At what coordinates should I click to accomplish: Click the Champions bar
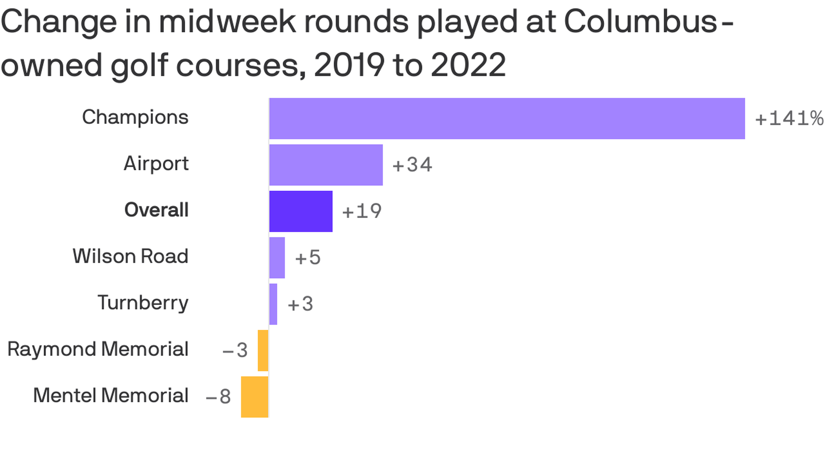507,119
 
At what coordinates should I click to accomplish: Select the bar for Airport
326,165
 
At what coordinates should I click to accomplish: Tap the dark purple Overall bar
301,211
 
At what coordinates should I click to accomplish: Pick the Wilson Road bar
277,258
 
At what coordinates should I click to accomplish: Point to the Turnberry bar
273,304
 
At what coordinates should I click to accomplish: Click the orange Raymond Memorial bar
263,351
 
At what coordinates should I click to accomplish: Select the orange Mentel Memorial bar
254,397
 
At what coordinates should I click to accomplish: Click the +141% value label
789,119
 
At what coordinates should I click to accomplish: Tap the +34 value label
412,165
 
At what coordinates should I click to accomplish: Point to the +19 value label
362,211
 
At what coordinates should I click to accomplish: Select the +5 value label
308,258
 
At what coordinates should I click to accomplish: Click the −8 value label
218,397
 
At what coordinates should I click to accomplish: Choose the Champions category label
135,117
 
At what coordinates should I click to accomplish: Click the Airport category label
156,164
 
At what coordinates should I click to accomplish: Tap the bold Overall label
156,210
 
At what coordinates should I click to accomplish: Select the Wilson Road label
130,256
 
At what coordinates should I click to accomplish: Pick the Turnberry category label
143,303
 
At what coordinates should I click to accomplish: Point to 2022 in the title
468,65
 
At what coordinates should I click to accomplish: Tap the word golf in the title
139,65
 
